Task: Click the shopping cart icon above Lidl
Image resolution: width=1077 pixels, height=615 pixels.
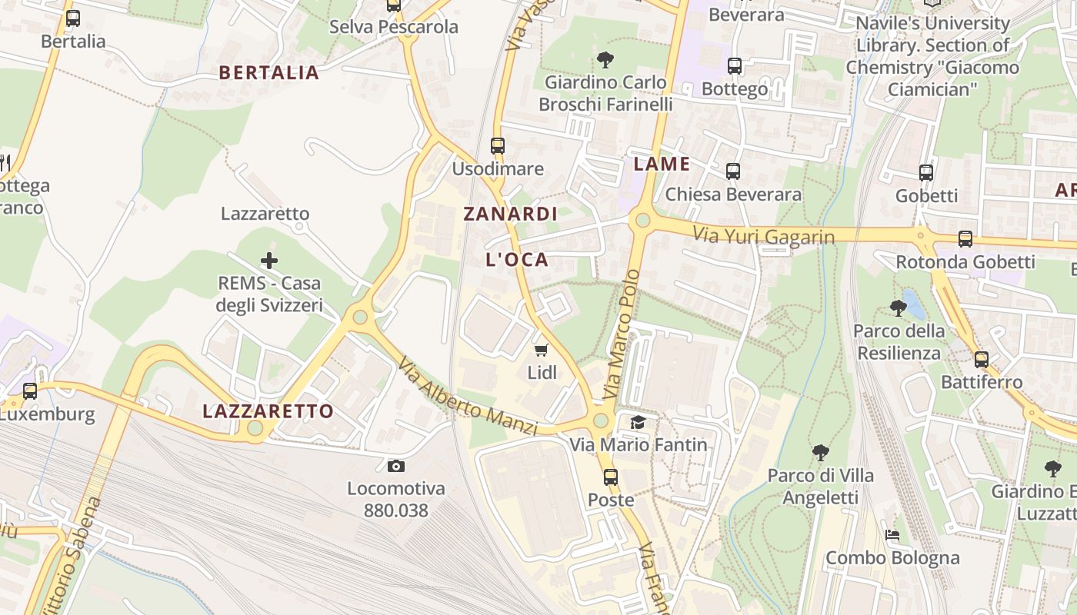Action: tap(541, 351)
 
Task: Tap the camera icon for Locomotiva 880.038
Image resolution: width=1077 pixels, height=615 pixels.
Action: tap(396, 466)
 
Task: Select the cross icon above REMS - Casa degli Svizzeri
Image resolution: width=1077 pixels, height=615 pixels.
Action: tap(268, 261)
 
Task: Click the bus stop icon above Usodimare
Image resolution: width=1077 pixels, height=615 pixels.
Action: tap(498, 145)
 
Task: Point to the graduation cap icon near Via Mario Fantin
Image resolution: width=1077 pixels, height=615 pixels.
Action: tap(638, 422)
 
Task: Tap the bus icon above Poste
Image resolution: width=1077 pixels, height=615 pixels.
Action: tap(611, 477)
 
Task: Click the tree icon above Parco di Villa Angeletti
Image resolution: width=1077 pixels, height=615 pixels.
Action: tap(821, 453)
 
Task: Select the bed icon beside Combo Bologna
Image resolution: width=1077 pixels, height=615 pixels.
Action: tap(892, 534)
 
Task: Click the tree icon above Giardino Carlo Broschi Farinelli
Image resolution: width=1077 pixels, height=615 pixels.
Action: tap(605, 59)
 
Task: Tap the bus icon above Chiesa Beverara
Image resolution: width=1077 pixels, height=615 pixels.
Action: tap(733, 171)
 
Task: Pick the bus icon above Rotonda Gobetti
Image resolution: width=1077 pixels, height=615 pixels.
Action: tap(965, 239)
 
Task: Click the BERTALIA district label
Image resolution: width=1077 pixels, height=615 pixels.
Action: tap(268, 73)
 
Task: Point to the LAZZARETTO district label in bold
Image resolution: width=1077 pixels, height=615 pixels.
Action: tap(268, 411)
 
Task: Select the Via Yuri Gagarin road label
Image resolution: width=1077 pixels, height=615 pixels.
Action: tap(763, 236)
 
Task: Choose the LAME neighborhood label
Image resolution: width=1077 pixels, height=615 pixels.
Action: tap(661, 164)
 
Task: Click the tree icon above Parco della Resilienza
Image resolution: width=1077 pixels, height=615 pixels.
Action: tap(898, 308)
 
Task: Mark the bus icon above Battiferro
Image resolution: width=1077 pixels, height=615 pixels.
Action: tap(982, 359)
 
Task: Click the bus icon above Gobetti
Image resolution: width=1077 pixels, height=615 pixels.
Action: tap(926, 173)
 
